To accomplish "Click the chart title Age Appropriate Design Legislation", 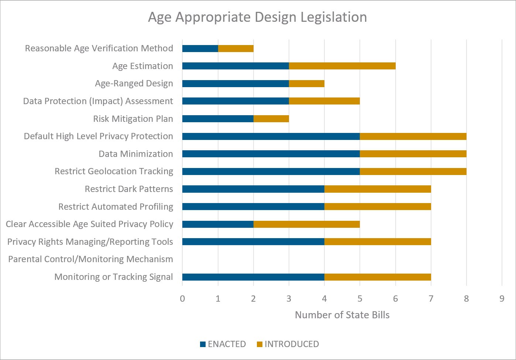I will [x=257, y=17].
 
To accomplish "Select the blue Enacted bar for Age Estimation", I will [x=235, y=66].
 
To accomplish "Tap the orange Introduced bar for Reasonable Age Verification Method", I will [x=235, y=48].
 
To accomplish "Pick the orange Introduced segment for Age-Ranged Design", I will [x=306, y=83].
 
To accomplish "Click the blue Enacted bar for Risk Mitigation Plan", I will [x=218, y=119].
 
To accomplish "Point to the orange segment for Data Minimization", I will [x=413, y=154].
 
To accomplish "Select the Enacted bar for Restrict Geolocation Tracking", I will [x=271, y=171].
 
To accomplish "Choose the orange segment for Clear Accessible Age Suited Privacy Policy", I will [x=306, y=224].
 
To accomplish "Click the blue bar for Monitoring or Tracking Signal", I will [x=253, y=277].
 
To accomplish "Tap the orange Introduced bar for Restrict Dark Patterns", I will [x=377, y=189].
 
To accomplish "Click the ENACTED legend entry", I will [x=223, y=344].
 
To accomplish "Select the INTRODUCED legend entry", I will [x=288, y=344].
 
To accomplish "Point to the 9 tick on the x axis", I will [x=502, y=299].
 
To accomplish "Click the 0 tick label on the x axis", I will [x=182, y=299].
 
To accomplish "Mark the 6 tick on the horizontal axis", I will [x=395, y=299].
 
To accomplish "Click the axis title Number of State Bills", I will [x=342, y=315].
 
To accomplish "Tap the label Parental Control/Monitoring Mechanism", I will [x=90, y=259].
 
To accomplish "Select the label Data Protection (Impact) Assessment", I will [x=98, y=101].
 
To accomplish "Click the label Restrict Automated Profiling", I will [x=116, y=207].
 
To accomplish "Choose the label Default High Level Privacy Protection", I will [x=98, y=136].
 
